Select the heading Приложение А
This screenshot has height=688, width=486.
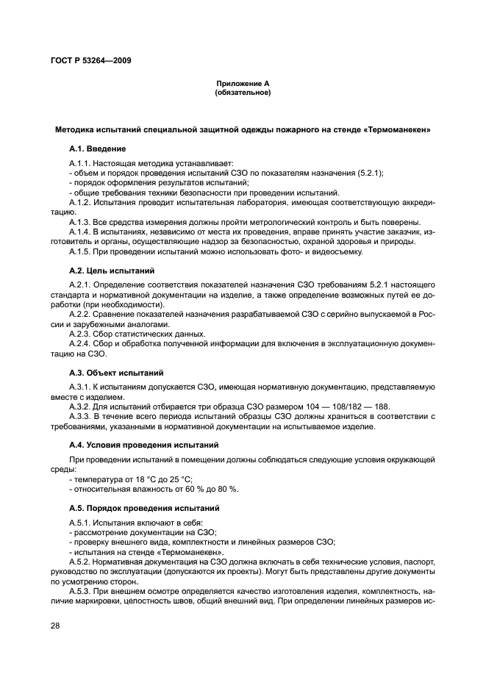243,85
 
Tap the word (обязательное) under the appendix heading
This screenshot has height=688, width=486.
243,93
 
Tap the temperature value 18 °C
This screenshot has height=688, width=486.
137,479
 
